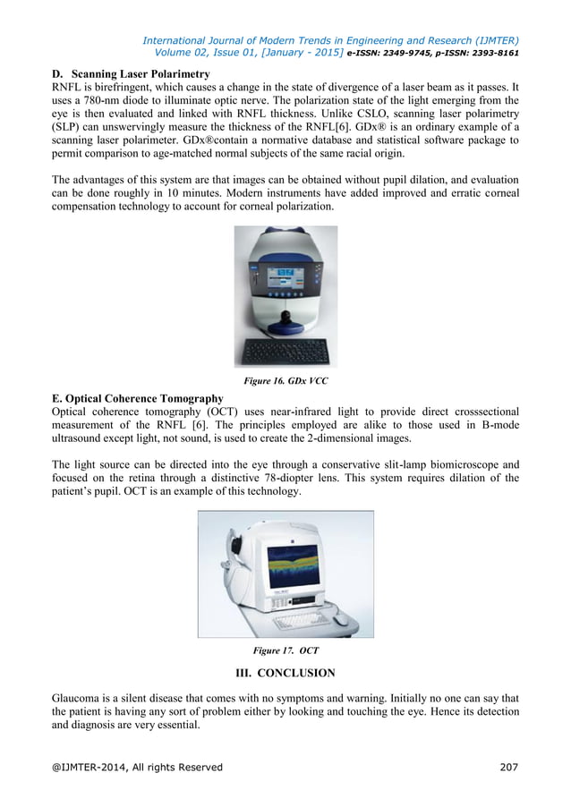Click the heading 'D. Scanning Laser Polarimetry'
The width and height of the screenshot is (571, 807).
132,73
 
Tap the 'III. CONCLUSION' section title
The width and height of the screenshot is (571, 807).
285,673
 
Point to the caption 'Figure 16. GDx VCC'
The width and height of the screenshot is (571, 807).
285,381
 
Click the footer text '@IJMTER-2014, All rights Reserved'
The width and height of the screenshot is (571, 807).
137,767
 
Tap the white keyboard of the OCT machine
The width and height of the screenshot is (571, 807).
300,620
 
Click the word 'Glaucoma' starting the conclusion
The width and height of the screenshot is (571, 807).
80,698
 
